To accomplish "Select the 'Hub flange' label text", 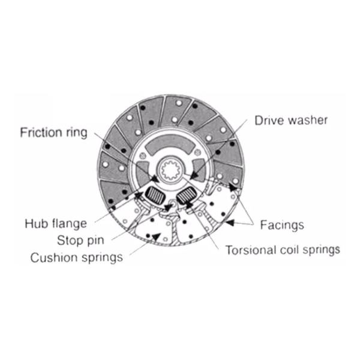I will (55, 224).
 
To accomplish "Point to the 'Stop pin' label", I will (80, 241).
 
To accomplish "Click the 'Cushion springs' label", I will (77, 258).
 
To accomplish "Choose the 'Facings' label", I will (282, 225).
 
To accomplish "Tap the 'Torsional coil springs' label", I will (283, 248).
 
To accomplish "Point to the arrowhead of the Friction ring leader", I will (158, 178).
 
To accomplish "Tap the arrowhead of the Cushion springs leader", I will (158, 238).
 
